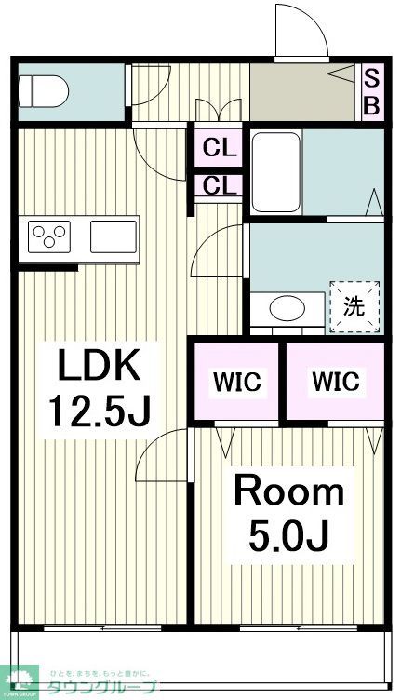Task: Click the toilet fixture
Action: pos(43,91)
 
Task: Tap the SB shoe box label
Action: pos(370,91)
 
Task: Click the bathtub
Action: pos(275,171)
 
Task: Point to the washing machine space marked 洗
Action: pos(354,306)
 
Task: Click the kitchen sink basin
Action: pos(113,236)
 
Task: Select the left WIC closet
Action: pos(238,382)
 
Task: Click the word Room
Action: pos(287,491)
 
